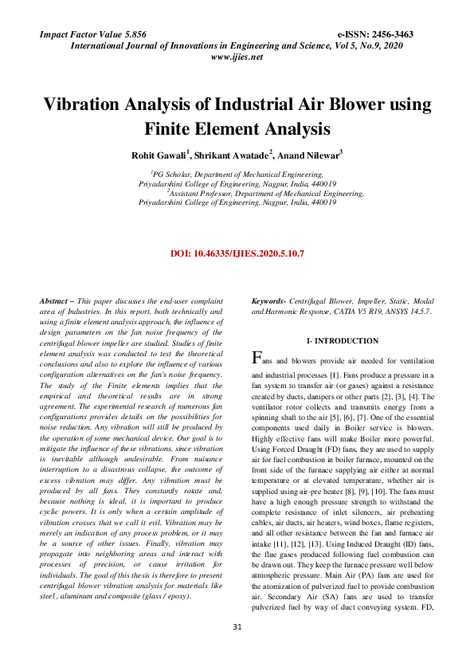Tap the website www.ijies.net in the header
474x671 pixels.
click(237, 58)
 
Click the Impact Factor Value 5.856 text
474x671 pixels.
click(93, 35)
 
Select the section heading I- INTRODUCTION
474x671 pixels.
click(343, 340)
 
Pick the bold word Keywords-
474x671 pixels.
click(269, 301)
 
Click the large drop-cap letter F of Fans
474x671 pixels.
click(256, 356)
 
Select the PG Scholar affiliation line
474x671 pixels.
click(237, 172)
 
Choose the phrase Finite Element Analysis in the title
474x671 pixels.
click(237, 128)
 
